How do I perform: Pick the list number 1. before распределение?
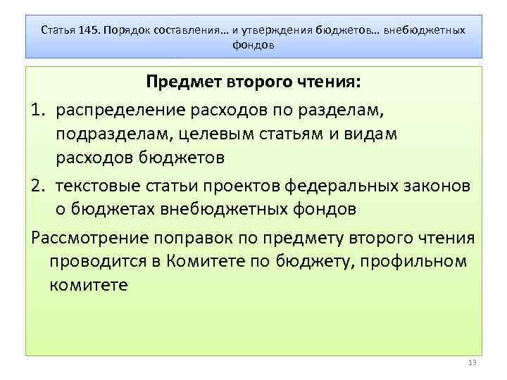click(39, 110)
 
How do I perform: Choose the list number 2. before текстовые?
click(39, 185)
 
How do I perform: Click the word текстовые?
click(98, 185)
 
